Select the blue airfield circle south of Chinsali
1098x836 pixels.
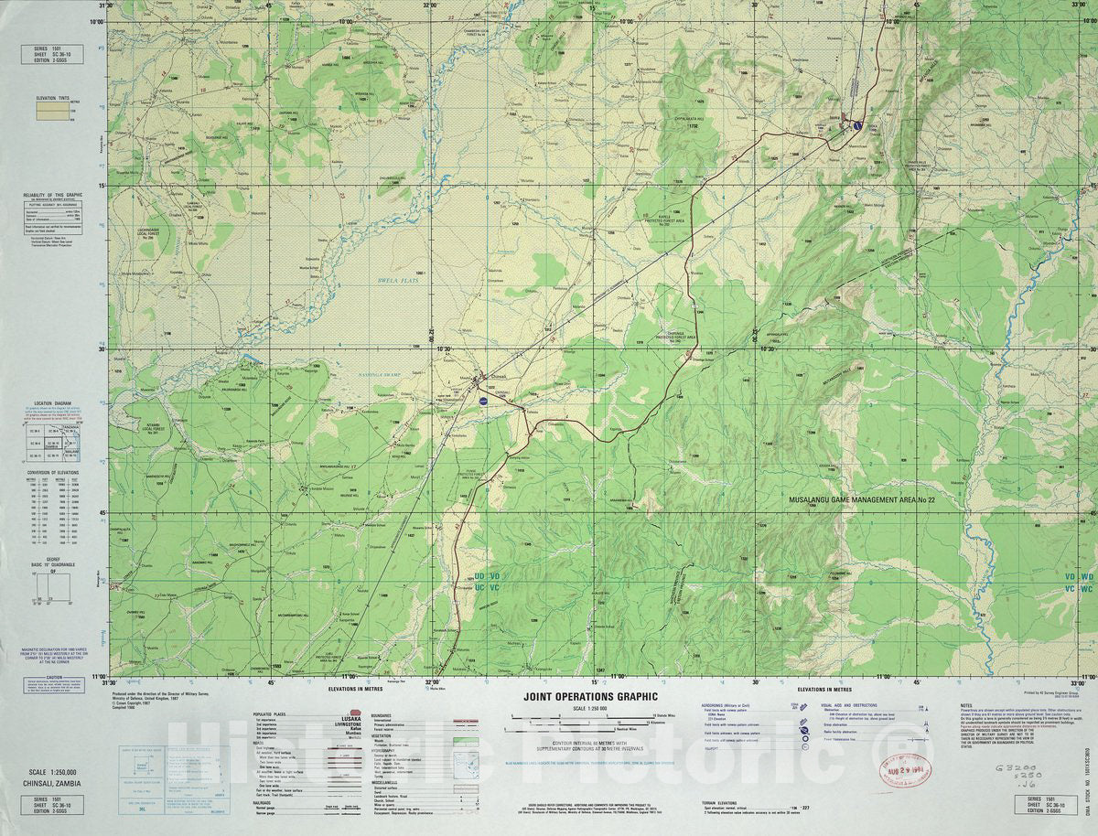[x=483, y=400]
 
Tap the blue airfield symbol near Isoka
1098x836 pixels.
[x=857, y=125]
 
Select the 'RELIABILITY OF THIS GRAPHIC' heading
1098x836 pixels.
[x=54, y=195]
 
